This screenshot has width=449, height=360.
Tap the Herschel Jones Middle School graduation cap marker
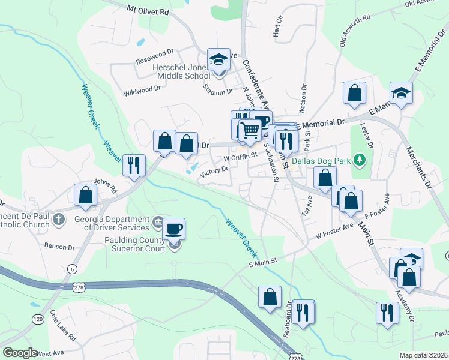pyautogui.click(x=219, y=59)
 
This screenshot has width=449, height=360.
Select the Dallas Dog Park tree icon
pyautogui.click(x=360, y=160)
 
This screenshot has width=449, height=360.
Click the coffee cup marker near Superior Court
pyautogui.click(x=174, y=229)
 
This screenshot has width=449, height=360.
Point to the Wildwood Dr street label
pyautogui.click(x=142, y=90)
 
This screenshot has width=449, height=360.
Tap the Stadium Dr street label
pyautogui.click(x=218, y=92)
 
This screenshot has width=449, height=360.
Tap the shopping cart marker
pyautogui.click(x=250, y=130)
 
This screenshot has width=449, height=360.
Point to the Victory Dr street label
pyautogui.click(x=214, y=170)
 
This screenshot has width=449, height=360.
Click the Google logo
pyautogui.click(x=20, y=353)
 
